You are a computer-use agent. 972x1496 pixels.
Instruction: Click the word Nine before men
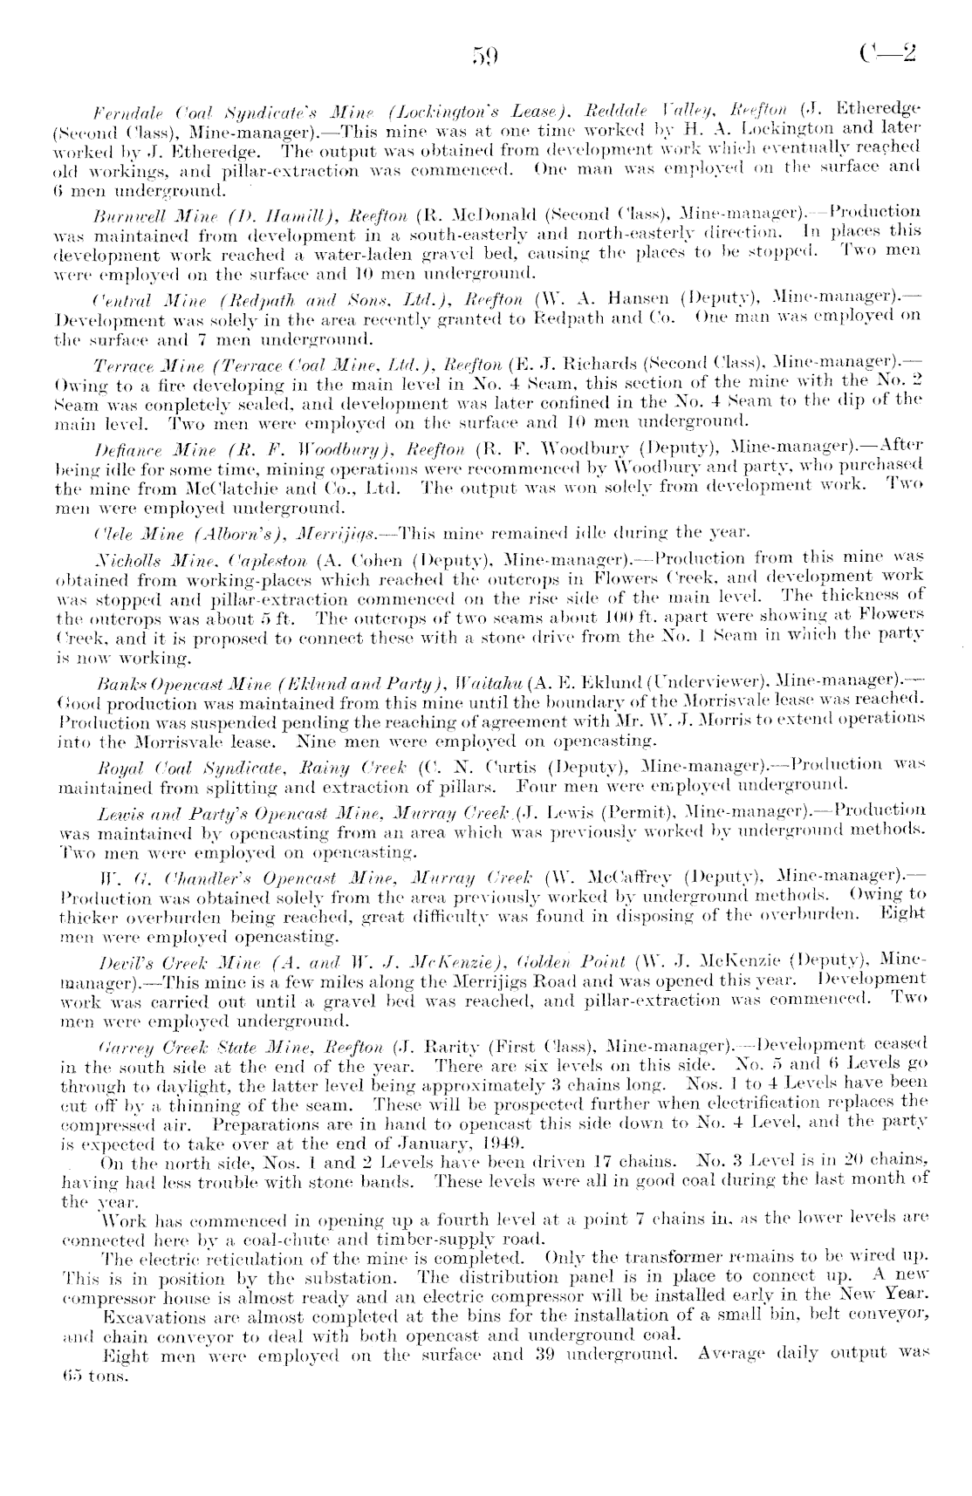point(315,743)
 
